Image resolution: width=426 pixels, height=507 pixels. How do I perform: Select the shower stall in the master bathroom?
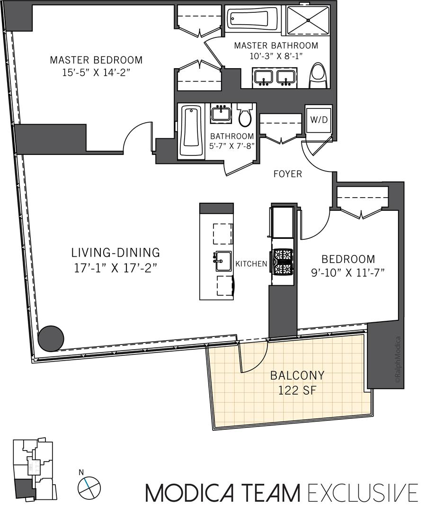pos(308,20)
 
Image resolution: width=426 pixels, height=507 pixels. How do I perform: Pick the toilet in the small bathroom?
pos(245,115)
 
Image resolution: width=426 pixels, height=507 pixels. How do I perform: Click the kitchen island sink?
pos(223,261)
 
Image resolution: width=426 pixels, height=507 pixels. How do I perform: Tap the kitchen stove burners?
pos(283,261)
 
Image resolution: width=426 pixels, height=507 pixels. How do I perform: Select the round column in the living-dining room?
pos(51,338)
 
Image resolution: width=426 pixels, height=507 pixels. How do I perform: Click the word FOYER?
pos(287,174)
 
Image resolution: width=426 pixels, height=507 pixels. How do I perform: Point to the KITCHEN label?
pos(251,264)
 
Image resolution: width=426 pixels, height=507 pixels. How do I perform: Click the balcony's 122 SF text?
pos(297,390)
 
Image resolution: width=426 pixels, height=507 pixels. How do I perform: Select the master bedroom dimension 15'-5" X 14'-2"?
pos(96,72)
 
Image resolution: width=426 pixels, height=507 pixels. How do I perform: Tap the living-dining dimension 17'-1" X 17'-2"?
pos(115,268)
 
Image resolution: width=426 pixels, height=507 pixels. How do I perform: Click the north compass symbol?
pos(89,487)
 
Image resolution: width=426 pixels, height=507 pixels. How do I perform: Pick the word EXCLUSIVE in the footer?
pos(363,492)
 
